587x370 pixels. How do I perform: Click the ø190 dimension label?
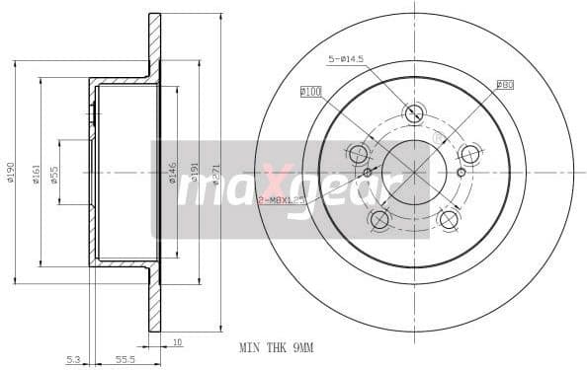click(x=11, y=173)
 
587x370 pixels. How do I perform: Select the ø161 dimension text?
click(x=36, y=173)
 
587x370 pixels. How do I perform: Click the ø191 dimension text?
click(x=195, y=173)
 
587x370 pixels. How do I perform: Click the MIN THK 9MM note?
click(x=277, y=348)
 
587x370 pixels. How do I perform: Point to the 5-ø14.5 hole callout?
click(x=346, y=60)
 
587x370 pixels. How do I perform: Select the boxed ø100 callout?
click(x=311, y=91)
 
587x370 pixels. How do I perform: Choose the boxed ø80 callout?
click(x=504, y=85)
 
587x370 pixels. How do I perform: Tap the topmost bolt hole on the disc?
click(x=414, y=112)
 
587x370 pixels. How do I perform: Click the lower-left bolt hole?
click(x=379, y=219)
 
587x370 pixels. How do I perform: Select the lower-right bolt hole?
click(x=449, y=219)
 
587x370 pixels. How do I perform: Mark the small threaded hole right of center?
click(x=461, y=172)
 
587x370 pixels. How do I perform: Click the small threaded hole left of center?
click(x=368, y=173)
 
